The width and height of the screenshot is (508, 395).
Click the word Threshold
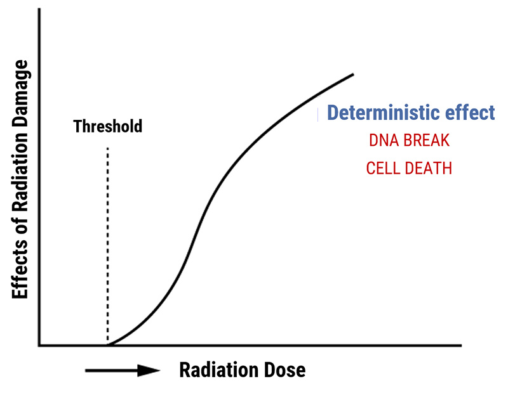pos(107,126)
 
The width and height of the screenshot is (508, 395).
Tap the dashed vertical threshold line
pos(107,245)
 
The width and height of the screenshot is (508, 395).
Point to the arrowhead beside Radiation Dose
pos(149,370)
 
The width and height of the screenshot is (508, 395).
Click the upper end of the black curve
pos(353,75)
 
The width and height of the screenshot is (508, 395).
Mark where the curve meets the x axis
pos(109,345)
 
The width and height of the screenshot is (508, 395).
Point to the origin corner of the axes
pos(39,346)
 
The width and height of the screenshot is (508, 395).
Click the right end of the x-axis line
pos(461,346)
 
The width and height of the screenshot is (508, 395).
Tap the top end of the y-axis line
pos(39,9)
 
